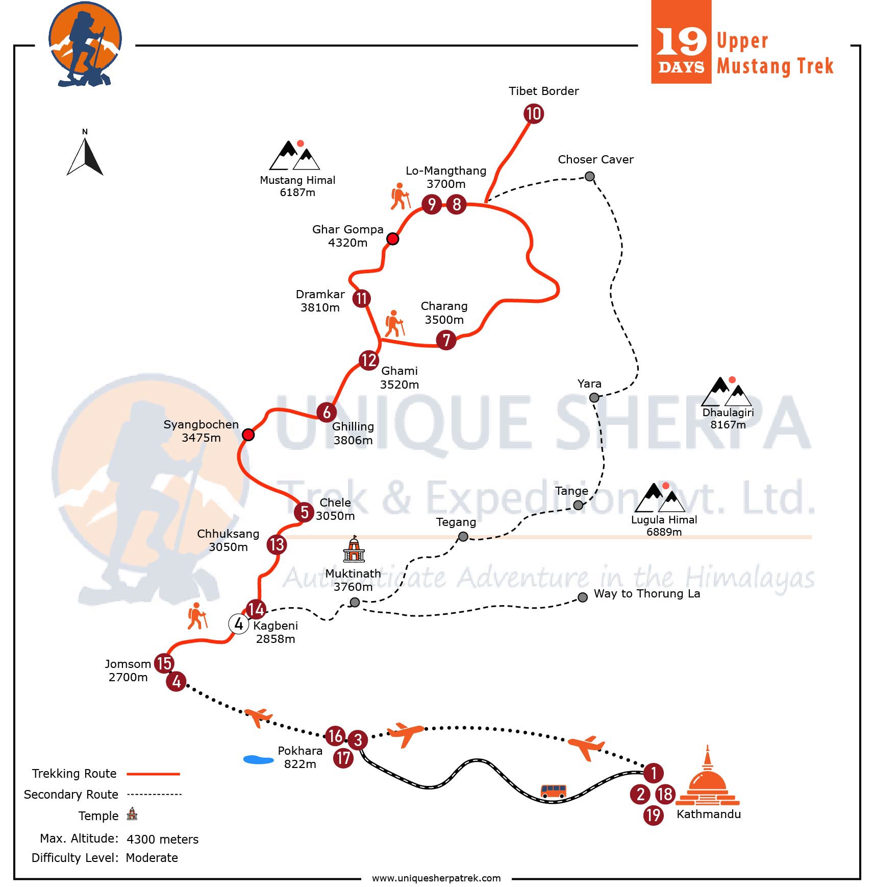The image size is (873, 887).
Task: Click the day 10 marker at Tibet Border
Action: pyautogui.click(x=533, y=113)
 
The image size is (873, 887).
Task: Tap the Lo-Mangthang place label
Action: pyautogui.click(x=446, y=171)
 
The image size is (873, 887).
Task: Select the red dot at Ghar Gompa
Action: pyautogui.click(x=392, y=238)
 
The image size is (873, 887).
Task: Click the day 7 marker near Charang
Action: pyautogui.click(x=446, y=340)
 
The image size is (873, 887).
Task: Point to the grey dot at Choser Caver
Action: pyautogui.click(x=589, y=176)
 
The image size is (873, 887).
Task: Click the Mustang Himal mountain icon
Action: pyautogui.click(x=295, y=155)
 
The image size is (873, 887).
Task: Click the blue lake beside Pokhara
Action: pyautogui.click(x=259, y=759)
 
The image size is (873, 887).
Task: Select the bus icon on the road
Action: pyautogui.click(x=553, y=791)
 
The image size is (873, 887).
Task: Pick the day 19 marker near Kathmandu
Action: pyautogui.click(x=653, y=814)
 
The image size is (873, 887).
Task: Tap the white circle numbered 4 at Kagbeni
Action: pyautogui.click(x=238, y=624)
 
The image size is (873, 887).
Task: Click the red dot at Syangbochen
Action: pyautogui.click(x=248, y=434)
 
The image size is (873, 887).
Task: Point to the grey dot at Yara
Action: pyautogui.click(x=594, y=397)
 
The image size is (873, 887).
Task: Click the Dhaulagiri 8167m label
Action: pyautogui.click(x=728, y=418)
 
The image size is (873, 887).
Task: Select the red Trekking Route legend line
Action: pyautogui.click(x=153, y=774)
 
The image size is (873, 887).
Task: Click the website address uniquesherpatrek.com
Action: pyautogui.click(x=436, y=878)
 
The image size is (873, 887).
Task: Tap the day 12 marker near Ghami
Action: pyautogui.click(x=368, y=360)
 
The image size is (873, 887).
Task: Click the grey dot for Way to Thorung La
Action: pyautogui.click(x=582, y=597)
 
